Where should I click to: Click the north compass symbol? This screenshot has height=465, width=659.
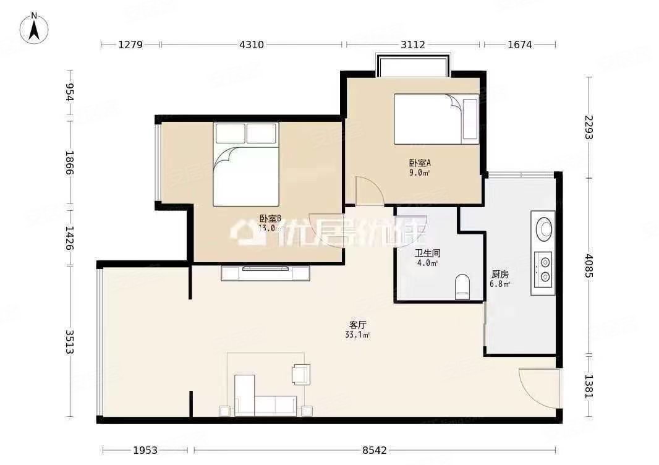tap(36, 28)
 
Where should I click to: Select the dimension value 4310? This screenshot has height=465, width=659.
tap(252, 45)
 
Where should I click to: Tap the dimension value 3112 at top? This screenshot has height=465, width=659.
tap(412, 45)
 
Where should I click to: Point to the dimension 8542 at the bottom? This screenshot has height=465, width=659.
tap(374, 451)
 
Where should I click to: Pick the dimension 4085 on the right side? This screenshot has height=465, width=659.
tap(589, 267)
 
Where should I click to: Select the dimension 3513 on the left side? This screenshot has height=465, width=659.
tap(70, 341)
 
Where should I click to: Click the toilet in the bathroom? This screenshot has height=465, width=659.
tap(462, 287)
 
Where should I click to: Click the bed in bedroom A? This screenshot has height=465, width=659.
tap(436, 119)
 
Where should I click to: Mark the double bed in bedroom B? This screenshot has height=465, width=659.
tap(246, 164)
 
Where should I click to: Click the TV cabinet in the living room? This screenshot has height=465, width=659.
tap(266, 273)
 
